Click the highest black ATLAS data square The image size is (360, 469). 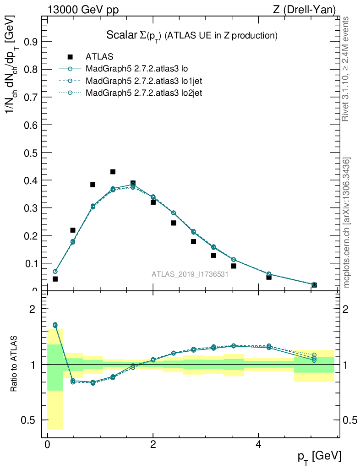click(113, 172)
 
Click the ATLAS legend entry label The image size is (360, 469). click(99, 57)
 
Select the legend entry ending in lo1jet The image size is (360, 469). click(144, 81)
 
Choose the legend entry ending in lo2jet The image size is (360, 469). click(144, 93)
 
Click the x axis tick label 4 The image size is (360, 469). click(258, 445)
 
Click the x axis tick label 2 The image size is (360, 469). click(153, 445)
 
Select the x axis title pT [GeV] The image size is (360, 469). click(319, 457)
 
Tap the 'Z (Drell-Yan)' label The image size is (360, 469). click(309, 10)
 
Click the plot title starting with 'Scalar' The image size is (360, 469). click(192, 35)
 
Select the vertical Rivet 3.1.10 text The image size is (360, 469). click(346, 69)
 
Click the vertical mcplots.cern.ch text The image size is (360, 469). click(347, 223)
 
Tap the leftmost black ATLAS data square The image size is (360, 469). click(55, 279)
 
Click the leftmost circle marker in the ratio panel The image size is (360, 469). click(55, 325)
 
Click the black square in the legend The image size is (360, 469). click(70, 57)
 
